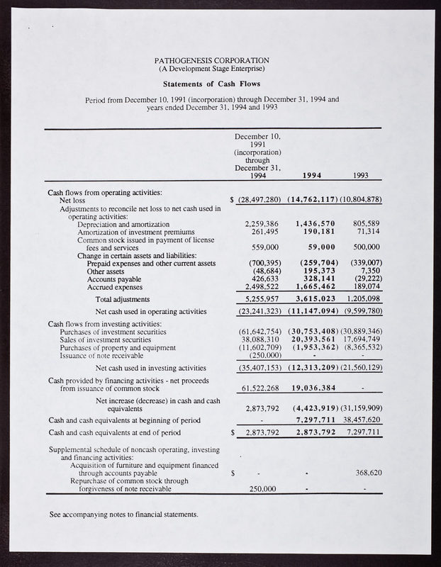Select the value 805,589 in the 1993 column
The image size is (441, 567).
[367, 224]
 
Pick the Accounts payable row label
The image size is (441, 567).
[112, 279]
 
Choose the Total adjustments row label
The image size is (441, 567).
[122, 299]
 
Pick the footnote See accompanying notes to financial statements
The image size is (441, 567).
[124, 513]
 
